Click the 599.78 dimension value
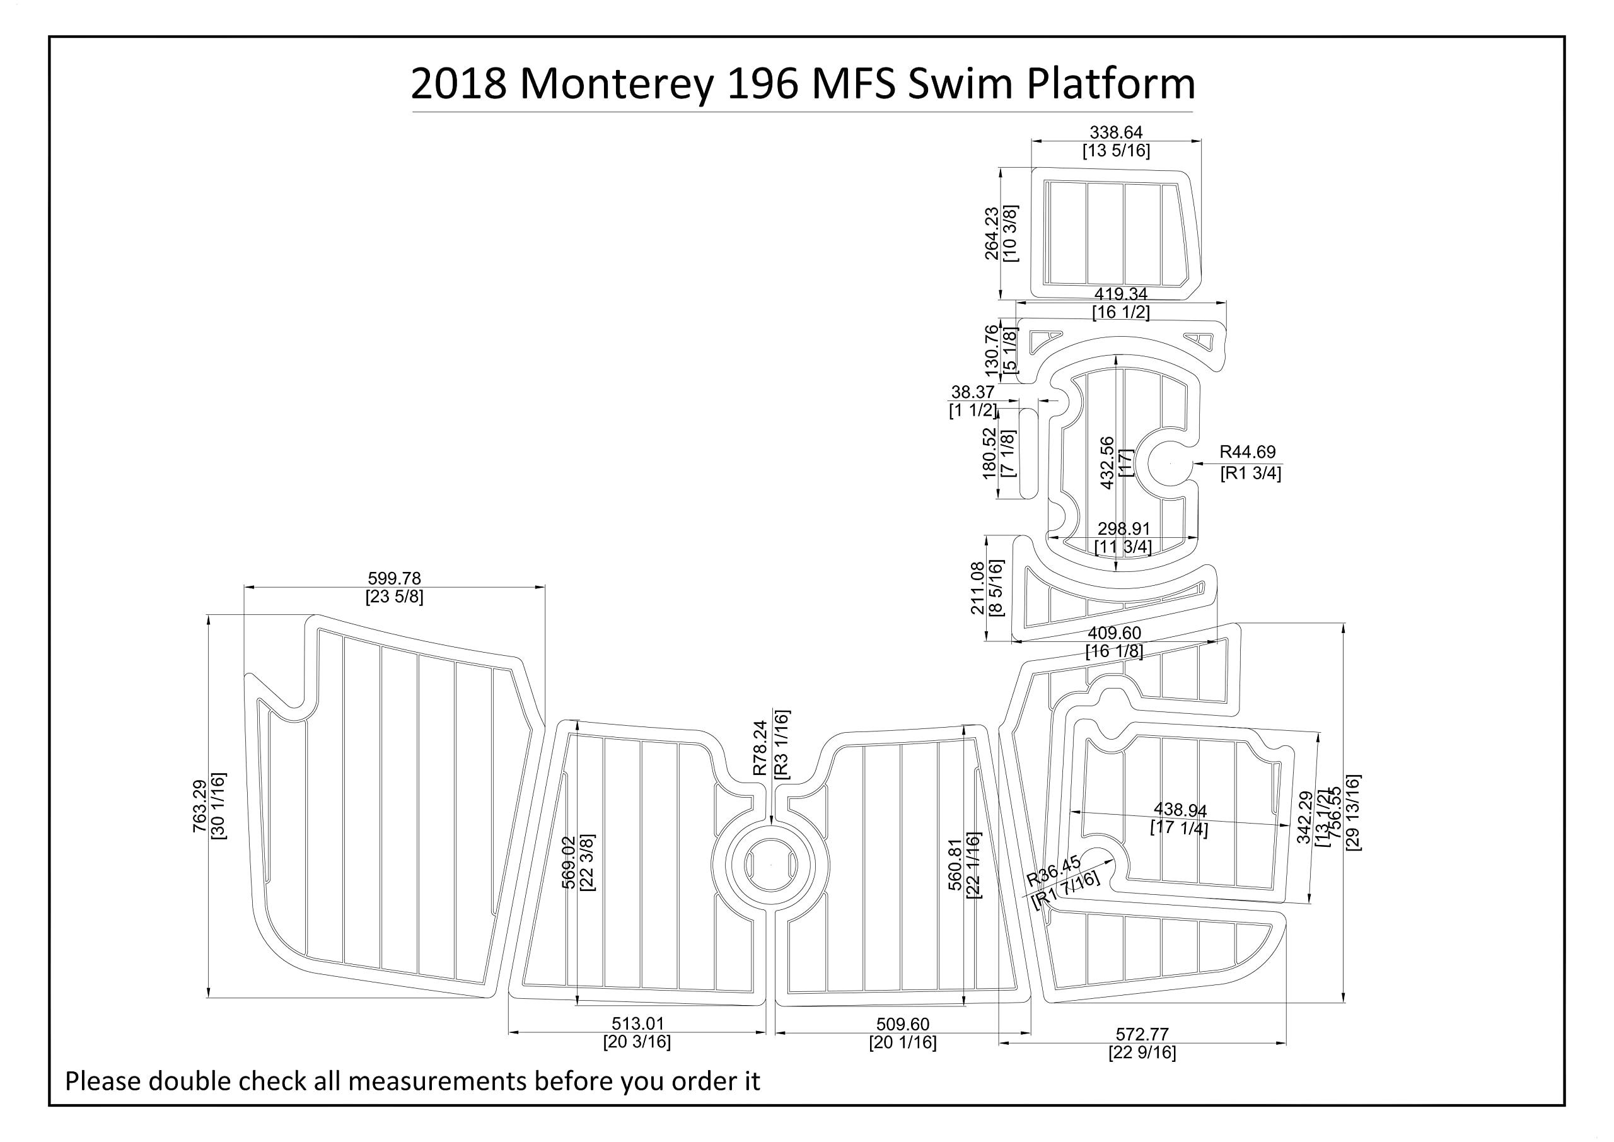395,578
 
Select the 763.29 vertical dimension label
200,807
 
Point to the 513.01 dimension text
637,1024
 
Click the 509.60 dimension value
903,1025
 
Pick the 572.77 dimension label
1142,1034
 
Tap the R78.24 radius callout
760,749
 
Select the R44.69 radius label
1247,452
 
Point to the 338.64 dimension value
1115,132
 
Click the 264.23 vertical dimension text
992,233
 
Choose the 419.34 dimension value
1120,294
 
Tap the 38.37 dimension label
972,392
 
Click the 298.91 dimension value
1123,528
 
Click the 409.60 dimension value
1114,634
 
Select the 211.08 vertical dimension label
978,588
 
